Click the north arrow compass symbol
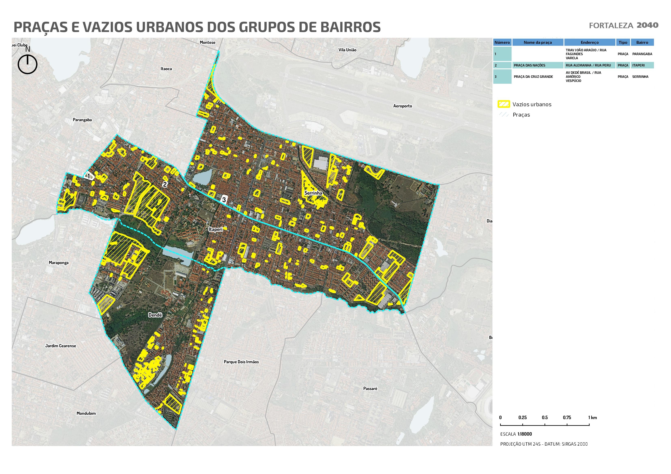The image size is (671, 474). click(27, 64)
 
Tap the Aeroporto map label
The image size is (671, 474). click(402, 106)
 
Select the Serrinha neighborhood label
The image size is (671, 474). click(313, 193)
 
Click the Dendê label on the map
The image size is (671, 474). click(155, 315)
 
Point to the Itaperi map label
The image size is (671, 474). click(216, 229)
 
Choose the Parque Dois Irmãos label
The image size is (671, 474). click(241, 362)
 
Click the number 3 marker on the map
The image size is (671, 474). click(224, 200)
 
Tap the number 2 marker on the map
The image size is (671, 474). click(165, 184)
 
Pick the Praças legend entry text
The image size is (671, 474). click(521, 115)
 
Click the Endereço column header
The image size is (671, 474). click(589, 42)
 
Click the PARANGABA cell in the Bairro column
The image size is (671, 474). click(642, 54)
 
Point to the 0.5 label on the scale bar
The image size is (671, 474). click(544, 418)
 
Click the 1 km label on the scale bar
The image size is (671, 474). click(592, 418)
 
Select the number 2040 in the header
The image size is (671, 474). click(647, 25)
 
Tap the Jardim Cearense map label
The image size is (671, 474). click(60, 346)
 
